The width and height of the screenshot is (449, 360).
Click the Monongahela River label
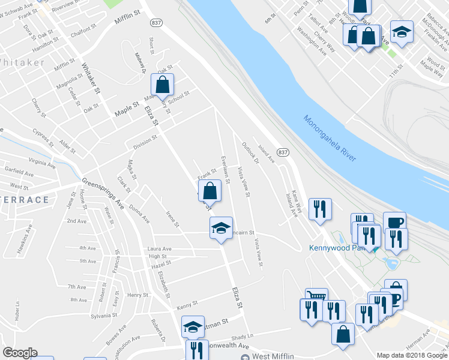[x=330, y=138]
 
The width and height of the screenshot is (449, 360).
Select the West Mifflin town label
[x=273, y=356]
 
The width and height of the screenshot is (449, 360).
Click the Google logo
[x=20, y=353]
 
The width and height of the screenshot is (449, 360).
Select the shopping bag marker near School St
[x=162, y=85]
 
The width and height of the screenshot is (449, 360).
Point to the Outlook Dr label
[x=250, y=152]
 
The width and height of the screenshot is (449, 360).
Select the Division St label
[x=145, y=141]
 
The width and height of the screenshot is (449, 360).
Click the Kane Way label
[x=296, y=200]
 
